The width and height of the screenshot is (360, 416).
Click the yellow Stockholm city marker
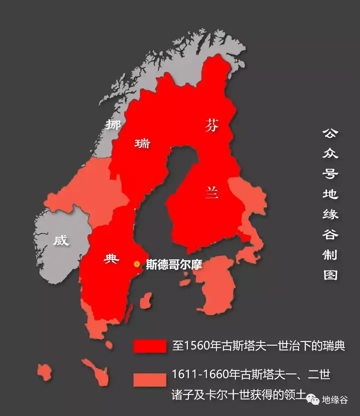(x=136, y=264)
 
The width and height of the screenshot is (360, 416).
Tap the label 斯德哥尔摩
(x=173, y=264)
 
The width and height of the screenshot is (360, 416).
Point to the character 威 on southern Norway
(x=61, y=240)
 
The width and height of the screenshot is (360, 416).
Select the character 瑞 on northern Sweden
(x=142, y=144)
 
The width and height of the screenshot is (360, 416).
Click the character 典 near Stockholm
(x=111, y=258)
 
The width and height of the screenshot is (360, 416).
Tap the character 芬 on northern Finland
(x=211, y=126)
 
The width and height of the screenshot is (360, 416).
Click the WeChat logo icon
(x=313, y=399)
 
